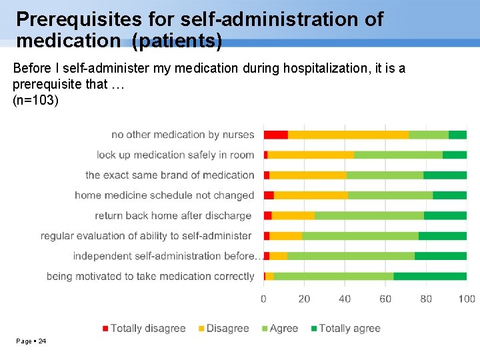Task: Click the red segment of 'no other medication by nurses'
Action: coord(275,135)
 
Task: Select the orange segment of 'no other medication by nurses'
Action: coord(348,135)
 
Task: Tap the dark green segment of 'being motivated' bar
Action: coord(430,276)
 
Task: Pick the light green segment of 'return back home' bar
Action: coord(369,215)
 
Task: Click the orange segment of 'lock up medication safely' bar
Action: coord(311,155)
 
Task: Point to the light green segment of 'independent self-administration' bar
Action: coord(351,256)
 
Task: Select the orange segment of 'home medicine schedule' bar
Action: coord(311,195)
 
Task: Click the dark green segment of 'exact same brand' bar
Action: coord(445,175)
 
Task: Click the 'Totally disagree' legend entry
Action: coord(143,328)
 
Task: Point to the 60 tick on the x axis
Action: coord(385,299)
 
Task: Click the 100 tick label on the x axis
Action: coord(467,299)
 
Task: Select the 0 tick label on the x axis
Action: coord(264,299)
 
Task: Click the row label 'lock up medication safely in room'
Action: coord(175,155)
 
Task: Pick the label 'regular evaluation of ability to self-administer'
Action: coord(146,235)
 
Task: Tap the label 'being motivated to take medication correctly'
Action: coord(150,276)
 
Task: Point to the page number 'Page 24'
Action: coord(31,341)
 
